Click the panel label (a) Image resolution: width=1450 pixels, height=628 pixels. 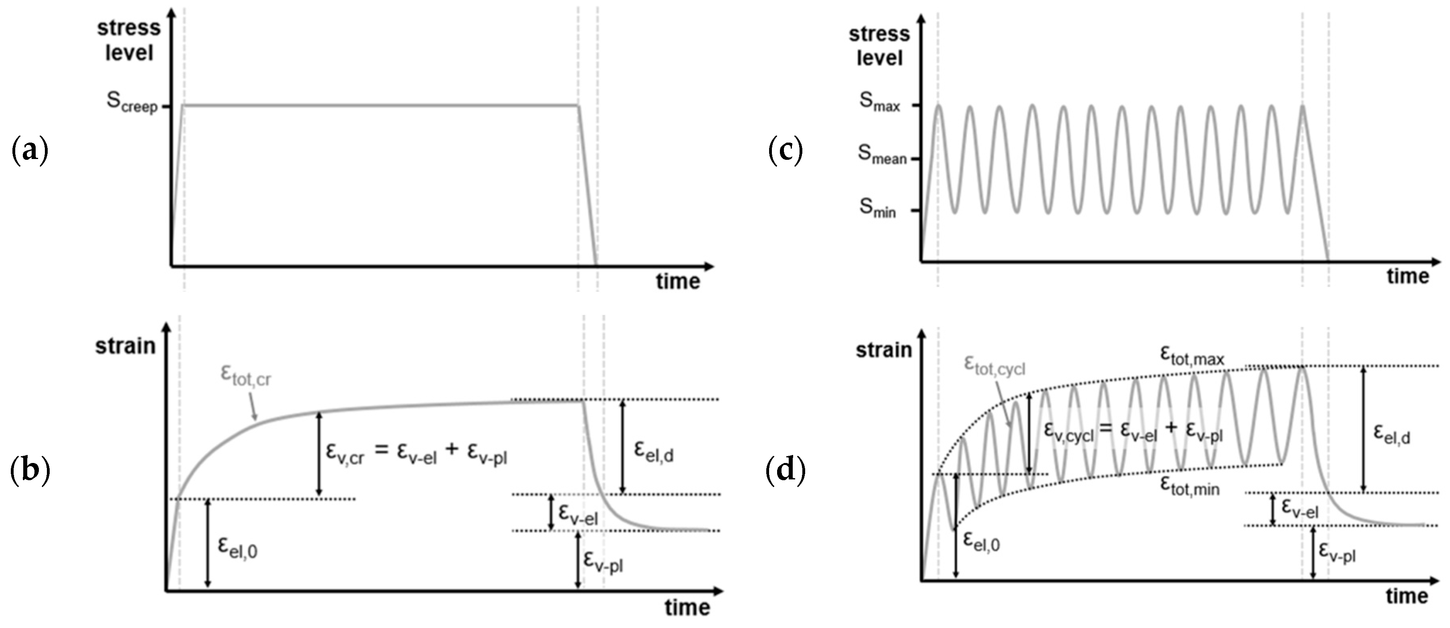tap(29, 151)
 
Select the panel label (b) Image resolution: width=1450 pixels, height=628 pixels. tap(30, 471)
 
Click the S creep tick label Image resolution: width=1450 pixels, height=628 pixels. tap(133, 103)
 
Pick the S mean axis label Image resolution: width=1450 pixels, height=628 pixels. tap(881, 155)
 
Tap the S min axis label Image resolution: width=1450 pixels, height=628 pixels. tap(877, 209)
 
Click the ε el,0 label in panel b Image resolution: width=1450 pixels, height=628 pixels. tap(238, 547)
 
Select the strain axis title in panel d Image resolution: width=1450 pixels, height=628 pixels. tap(884, 350)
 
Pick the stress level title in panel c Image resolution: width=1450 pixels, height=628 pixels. tap(879, 46)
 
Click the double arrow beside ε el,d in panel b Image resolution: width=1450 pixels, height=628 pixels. tap(622, 447)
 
